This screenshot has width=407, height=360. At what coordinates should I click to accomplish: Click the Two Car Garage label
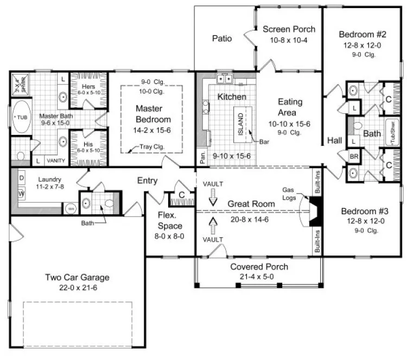tap(77, 278)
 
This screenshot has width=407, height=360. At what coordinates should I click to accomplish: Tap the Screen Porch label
tap(289, 29)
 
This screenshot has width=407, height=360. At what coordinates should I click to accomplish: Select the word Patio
tap(222, 38)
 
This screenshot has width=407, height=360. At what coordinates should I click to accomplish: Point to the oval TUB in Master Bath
tap(21, 117)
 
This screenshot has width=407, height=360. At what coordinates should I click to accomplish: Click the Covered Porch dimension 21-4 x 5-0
tap(259, 277)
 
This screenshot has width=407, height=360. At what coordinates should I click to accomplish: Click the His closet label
tap(88, 145)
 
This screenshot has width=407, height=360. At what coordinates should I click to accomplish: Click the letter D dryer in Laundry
tap(22, 178)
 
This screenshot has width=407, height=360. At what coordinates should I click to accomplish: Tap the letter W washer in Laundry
tap(22, 193)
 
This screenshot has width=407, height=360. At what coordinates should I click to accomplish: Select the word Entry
tap(147, 181)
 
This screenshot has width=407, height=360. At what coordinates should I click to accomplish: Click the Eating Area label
tap(290, 107)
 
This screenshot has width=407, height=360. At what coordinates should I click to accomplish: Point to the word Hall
tap(335, 141)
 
